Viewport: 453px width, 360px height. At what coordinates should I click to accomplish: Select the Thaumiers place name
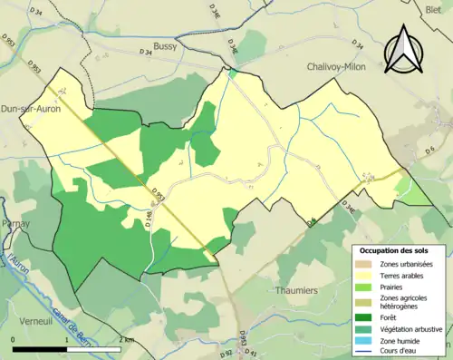pyautogui.click(x=296, y=291)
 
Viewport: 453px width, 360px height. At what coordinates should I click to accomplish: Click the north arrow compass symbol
pyautogui.click(x=403, y=49)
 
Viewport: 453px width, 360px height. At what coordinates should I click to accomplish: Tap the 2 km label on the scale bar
pyautogui.click(x=125, y=339)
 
